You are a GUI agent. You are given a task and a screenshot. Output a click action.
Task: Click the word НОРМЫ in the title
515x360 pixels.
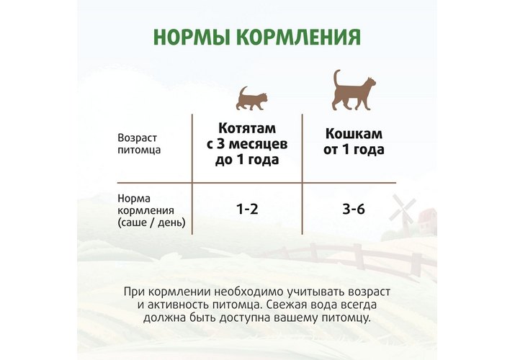tap(192, 37)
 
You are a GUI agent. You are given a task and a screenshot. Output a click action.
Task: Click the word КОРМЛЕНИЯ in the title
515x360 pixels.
tap(298, 37)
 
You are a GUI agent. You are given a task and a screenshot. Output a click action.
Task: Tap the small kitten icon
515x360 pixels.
tap(251, 98)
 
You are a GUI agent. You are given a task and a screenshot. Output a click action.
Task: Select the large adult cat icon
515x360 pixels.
tap(354, 90)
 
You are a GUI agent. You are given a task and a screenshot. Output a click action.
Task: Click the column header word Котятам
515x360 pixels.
tap(247, 128)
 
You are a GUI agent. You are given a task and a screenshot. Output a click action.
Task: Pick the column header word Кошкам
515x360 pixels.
tap(354, 134)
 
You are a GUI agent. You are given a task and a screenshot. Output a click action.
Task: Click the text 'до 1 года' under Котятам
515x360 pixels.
tap(247, 160)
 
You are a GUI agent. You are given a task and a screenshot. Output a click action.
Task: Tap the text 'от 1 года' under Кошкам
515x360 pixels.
tap(354, 150)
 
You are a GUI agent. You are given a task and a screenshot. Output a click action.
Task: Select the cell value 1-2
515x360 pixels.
tap(247, 209)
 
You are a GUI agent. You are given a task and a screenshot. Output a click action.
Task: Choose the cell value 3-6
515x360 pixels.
tap(354, 209)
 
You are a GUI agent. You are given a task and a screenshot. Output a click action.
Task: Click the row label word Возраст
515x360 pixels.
tap(138, 138)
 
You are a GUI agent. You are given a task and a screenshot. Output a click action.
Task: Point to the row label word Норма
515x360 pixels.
tap(134, 198)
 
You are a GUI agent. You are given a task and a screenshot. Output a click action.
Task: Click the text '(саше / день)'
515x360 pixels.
tap(151, 222)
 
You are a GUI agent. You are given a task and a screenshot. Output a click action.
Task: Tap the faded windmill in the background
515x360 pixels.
tap(402, 211)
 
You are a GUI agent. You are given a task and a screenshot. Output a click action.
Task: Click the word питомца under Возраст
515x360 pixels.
tap(139, 150)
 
